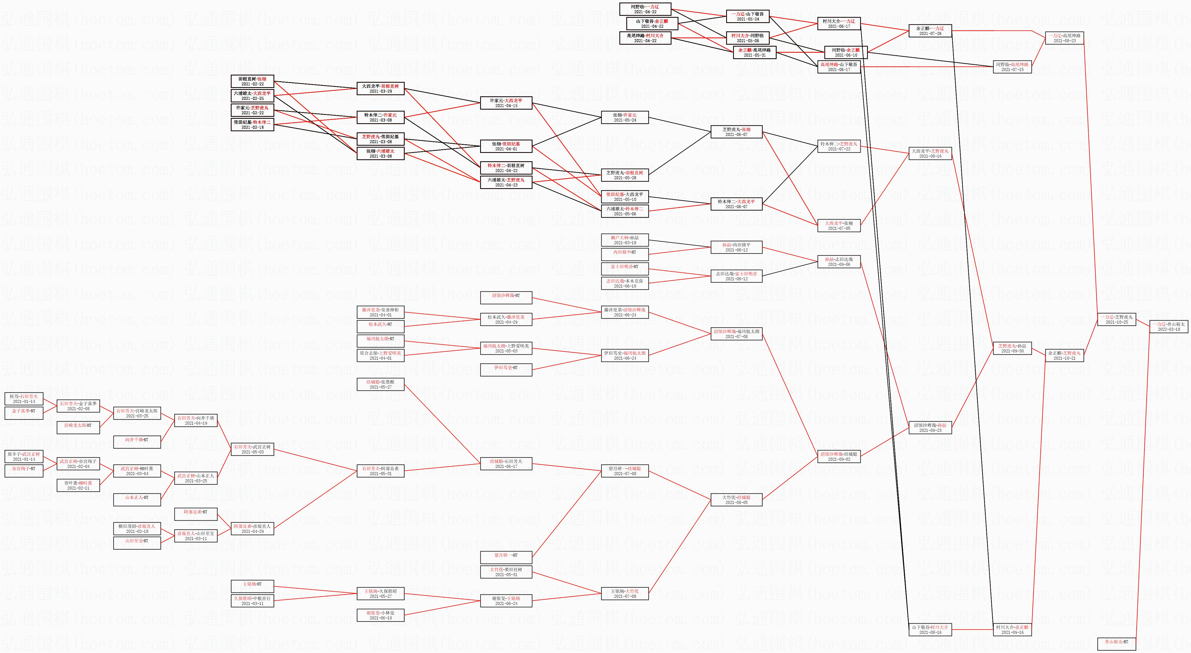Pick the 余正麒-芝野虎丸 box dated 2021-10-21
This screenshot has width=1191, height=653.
coord(1064,356)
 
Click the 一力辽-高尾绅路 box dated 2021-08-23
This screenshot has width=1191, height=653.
coord(1064,38)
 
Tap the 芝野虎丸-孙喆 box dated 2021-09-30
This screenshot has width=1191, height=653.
coord(1012,348)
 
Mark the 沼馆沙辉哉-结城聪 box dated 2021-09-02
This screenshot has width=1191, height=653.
coord(839,457)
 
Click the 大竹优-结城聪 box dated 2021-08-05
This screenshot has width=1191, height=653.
coord(736,500)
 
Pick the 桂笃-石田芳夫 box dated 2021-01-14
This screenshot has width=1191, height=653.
coord(24,399)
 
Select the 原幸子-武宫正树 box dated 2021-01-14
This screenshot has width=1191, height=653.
coord(24,457)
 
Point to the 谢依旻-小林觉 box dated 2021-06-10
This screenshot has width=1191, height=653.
coord(381,615)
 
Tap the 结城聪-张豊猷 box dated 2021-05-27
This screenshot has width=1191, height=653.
coord(381,384)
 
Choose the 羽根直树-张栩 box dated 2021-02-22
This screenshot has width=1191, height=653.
coord(252,81)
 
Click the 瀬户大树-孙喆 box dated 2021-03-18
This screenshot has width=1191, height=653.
coord(625,240)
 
